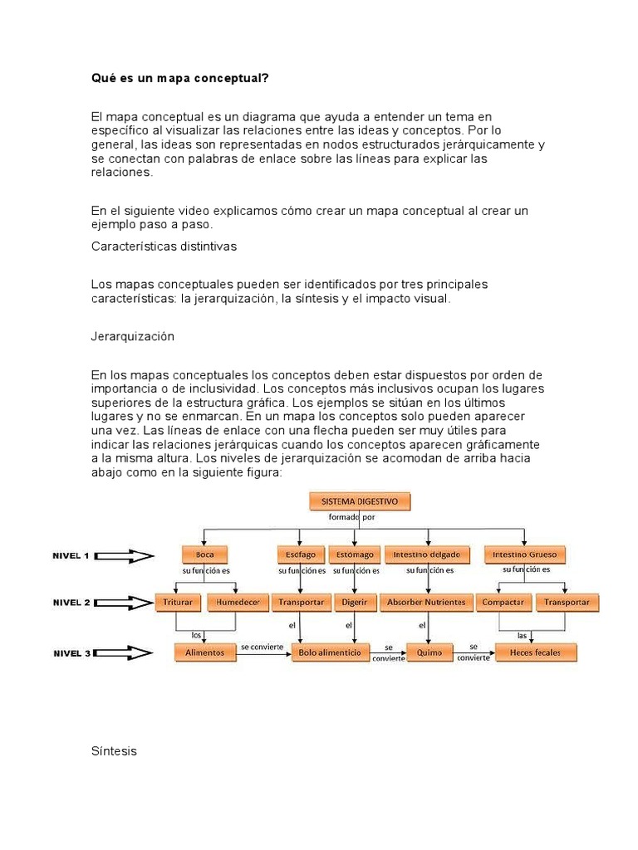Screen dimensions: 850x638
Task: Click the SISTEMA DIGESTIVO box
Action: coord(360,501)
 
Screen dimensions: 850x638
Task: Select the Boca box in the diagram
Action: coord(204,554)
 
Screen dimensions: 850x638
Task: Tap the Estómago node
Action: coord(355,554)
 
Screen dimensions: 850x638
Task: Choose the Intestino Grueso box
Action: coord(524,554)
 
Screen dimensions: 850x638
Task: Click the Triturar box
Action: coord(179,603)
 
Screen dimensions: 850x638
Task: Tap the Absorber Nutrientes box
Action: coord(426,603)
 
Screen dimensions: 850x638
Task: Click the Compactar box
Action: coord(503,603)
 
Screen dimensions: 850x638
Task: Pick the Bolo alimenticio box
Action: coord(330,653)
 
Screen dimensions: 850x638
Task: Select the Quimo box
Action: coord(429,653)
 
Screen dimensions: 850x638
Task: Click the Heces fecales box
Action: coord(536,653)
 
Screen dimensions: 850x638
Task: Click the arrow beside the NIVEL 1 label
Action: coord(125,557)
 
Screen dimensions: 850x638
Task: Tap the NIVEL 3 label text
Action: coord(72,654)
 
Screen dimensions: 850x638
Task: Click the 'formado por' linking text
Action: coord(352,517)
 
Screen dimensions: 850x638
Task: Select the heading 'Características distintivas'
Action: coord(164,247)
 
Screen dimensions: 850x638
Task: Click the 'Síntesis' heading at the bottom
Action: coord(114,751)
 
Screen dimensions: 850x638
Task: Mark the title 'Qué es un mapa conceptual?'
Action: coord(179,79)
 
